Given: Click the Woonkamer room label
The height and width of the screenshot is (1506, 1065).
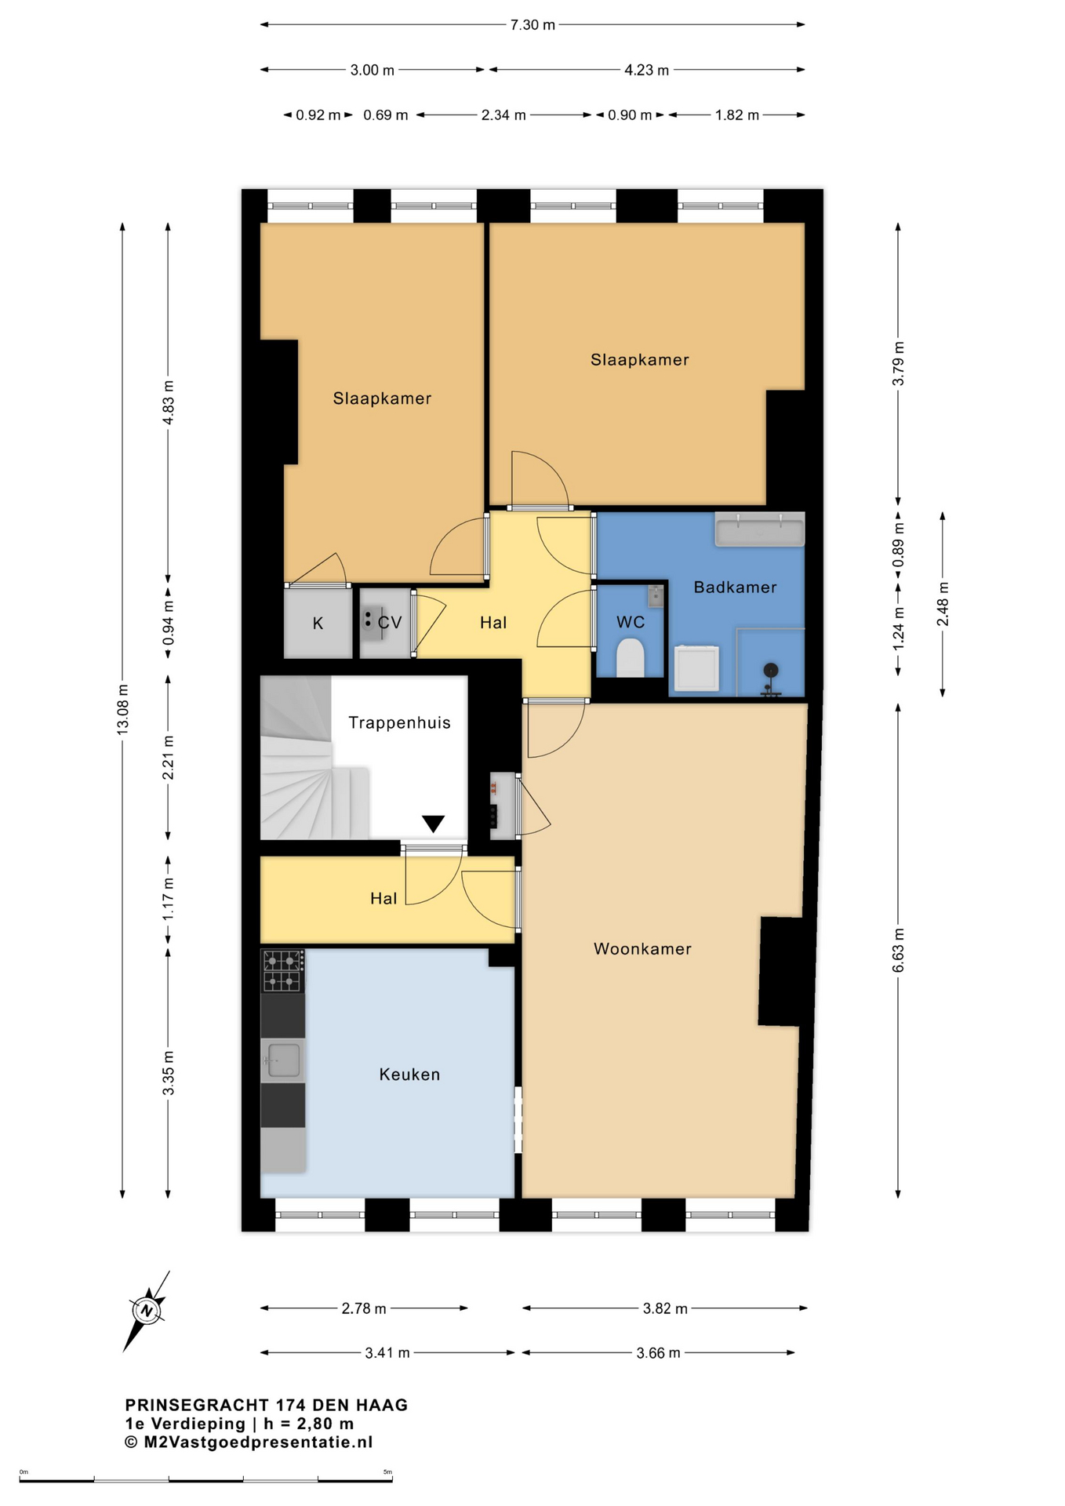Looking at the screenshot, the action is click(x=642, y=949).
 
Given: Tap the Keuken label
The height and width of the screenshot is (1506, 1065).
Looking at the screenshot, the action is click(x=409, y=1075).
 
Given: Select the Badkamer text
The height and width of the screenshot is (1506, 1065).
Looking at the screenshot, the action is click(x=735, y=587).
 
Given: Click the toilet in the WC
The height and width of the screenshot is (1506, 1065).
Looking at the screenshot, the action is click(x=631, y=657).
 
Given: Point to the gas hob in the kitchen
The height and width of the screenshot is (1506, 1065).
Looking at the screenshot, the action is click(x=283, y=971).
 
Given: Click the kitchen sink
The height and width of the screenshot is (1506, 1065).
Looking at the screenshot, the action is click(x=283, y=1060).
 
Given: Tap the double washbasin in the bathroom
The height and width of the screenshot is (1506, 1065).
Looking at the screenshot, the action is click(x=760, y=529).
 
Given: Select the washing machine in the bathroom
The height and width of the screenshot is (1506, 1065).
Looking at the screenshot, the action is click(x=696, y=668).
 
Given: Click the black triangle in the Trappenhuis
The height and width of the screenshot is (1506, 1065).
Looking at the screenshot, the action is click(x=434, y=824).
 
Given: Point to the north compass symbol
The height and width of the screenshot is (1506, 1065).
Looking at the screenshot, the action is click(x=147, y=1310).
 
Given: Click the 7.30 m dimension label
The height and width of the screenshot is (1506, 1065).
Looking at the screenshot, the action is click(x=532, y=25).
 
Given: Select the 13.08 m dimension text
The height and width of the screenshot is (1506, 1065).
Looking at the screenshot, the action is click(x=123, y=710).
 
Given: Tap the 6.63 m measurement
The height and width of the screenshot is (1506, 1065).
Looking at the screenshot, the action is click(x=899, y=951).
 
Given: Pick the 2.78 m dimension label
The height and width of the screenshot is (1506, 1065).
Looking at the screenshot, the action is click(x=364, y=1308).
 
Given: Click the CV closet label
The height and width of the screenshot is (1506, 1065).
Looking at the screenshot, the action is click(x=390, y=623).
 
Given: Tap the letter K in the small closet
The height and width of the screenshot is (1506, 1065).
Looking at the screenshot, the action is click(x=318, y=624).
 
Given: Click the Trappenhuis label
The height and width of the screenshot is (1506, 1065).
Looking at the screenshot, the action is click(x=399, y=722).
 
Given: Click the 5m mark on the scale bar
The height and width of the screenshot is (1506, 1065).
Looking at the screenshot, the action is click(x=387, y=1472).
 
